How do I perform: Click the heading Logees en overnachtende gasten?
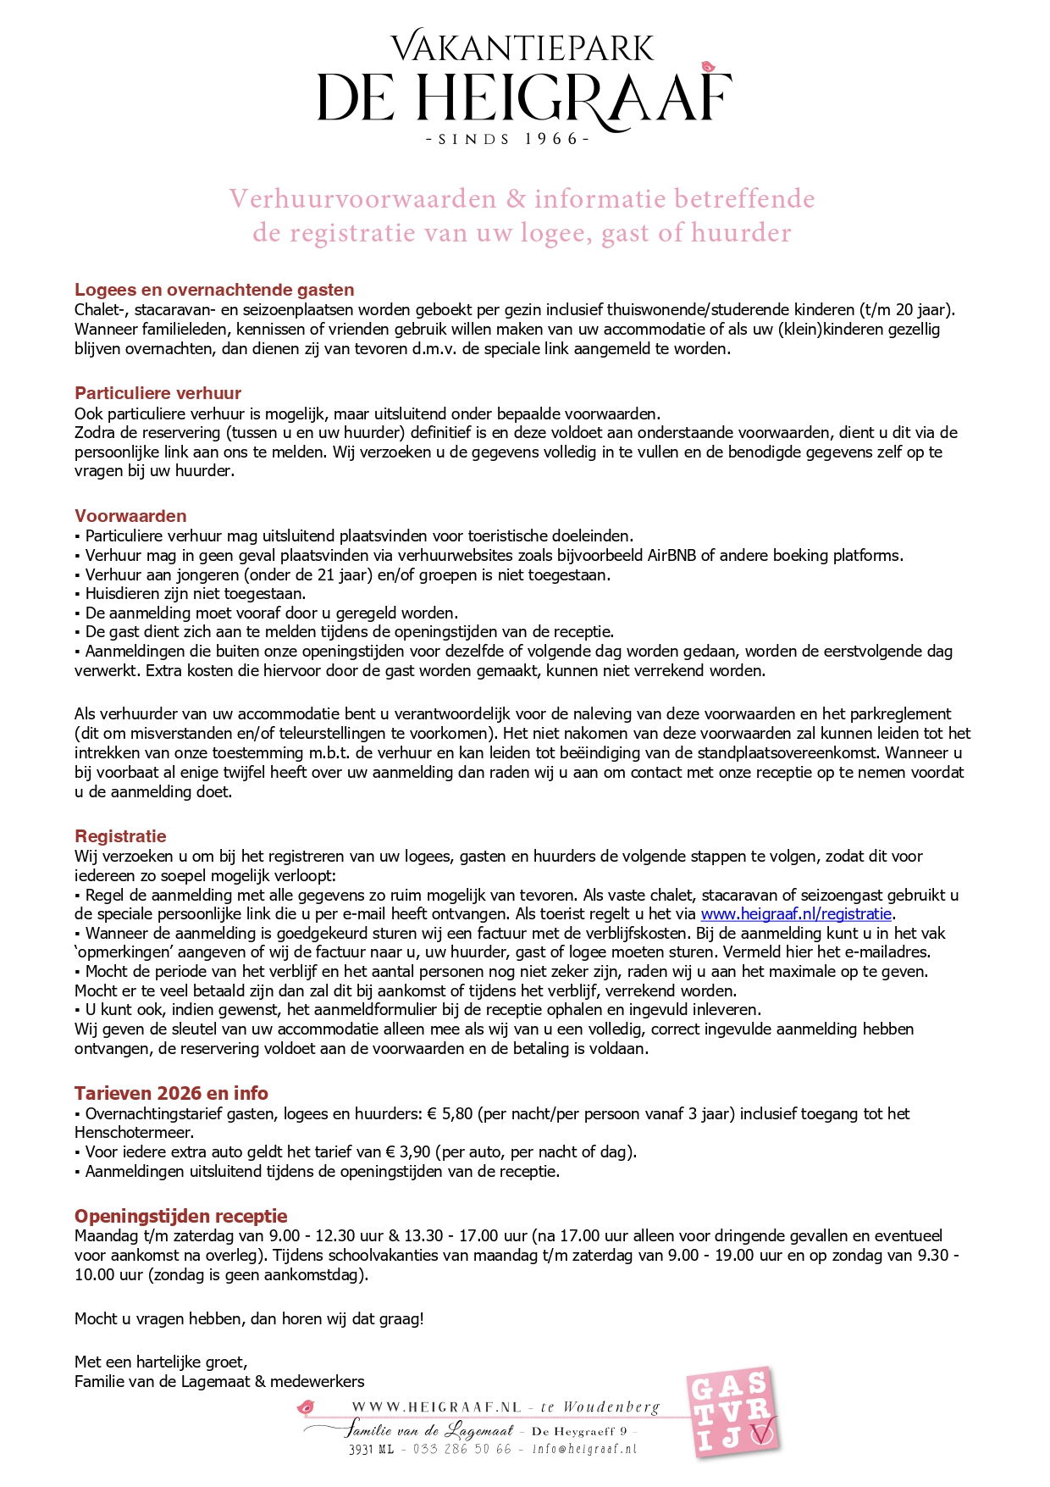(x=214, y=290)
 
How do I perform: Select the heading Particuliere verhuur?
(x=157, y=393)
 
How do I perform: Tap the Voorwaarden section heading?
(x=130, y=516)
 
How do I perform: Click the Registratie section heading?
(x=120, y=836)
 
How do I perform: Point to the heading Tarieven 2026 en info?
(x=171, y=1093)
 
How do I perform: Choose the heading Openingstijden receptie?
(x=181, y=1216)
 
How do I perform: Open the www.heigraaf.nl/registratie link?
(x=796, y=914)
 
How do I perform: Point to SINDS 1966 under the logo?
(x=507, y=139)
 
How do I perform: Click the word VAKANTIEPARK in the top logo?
(x=522, y=48)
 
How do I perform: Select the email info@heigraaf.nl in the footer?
(x=584, y=1450)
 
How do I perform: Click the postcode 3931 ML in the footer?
(x=371, y=1450)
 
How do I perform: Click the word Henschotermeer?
(x=134, y=1133)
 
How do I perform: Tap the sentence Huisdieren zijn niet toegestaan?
(x=196, y=594)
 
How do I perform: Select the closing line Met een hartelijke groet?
(x=161, y=1362)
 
